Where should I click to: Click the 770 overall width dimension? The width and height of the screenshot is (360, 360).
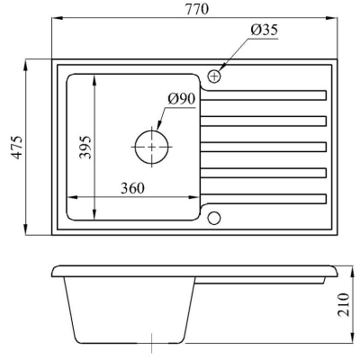196,9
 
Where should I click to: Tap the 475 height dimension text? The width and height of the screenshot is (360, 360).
17,148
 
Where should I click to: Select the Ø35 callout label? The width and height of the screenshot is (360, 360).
265,30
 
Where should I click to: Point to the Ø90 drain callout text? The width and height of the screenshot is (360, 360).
182,99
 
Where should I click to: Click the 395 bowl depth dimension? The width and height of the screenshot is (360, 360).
85,147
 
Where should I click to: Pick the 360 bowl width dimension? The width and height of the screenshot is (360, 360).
132,188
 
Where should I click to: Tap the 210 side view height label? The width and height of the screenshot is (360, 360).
344,305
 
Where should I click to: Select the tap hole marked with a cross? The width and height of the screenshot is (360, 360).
214,76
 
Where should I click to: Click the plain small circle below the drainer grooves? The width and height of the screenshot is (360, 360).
214,218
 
